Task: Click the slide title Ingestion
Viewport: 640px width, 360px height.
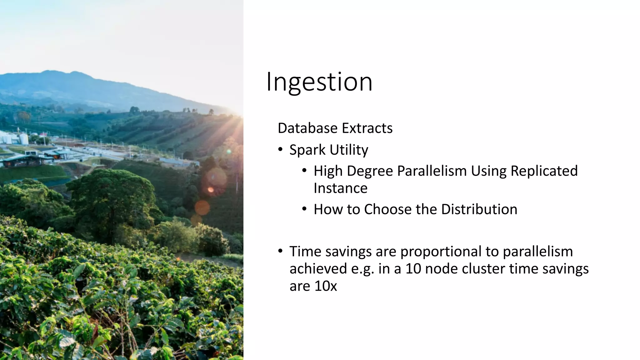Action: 319,82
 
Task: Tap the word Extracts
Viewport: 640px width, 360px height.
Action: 367,128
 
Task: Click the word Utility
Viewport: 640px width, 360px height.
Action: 349,150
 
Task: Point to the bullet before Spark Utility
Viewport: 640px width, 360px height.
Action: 280,149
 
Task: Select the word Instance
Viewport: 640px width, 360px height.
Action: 340,188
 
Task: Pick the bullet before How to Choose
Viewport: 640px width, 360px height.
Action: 305,209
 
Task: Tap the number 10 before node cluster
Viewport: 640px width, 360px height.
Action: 413,269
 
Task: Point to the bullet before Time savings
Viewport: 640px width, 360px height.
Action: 280,251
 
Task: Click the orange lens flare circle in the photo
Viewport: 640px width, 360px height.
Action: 202,207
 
